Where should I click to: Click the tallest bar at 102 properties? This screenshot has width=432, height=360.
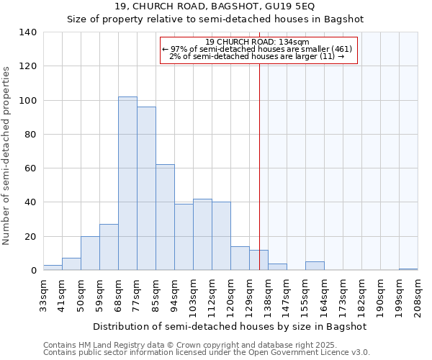127,184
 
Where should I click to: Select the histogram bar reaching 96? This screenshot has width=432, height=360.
146,189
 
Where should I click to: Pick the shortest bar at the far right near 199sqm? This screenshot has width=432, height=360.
408,269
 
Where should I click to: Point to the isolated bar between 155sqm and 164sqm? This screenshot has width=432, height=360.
315,266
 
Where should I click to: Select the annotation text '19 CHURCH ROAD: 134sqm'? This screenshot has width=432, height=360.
257,42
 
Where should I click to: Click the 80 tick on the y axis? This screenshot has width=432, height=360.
30,135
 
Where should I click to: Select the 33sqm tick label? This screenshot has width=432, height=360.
44,293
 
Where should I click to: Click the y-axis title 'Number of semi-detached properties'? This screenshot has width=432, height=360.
7,155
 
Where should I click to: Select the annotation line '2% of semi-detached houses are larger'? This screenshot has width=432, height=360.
251,56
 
